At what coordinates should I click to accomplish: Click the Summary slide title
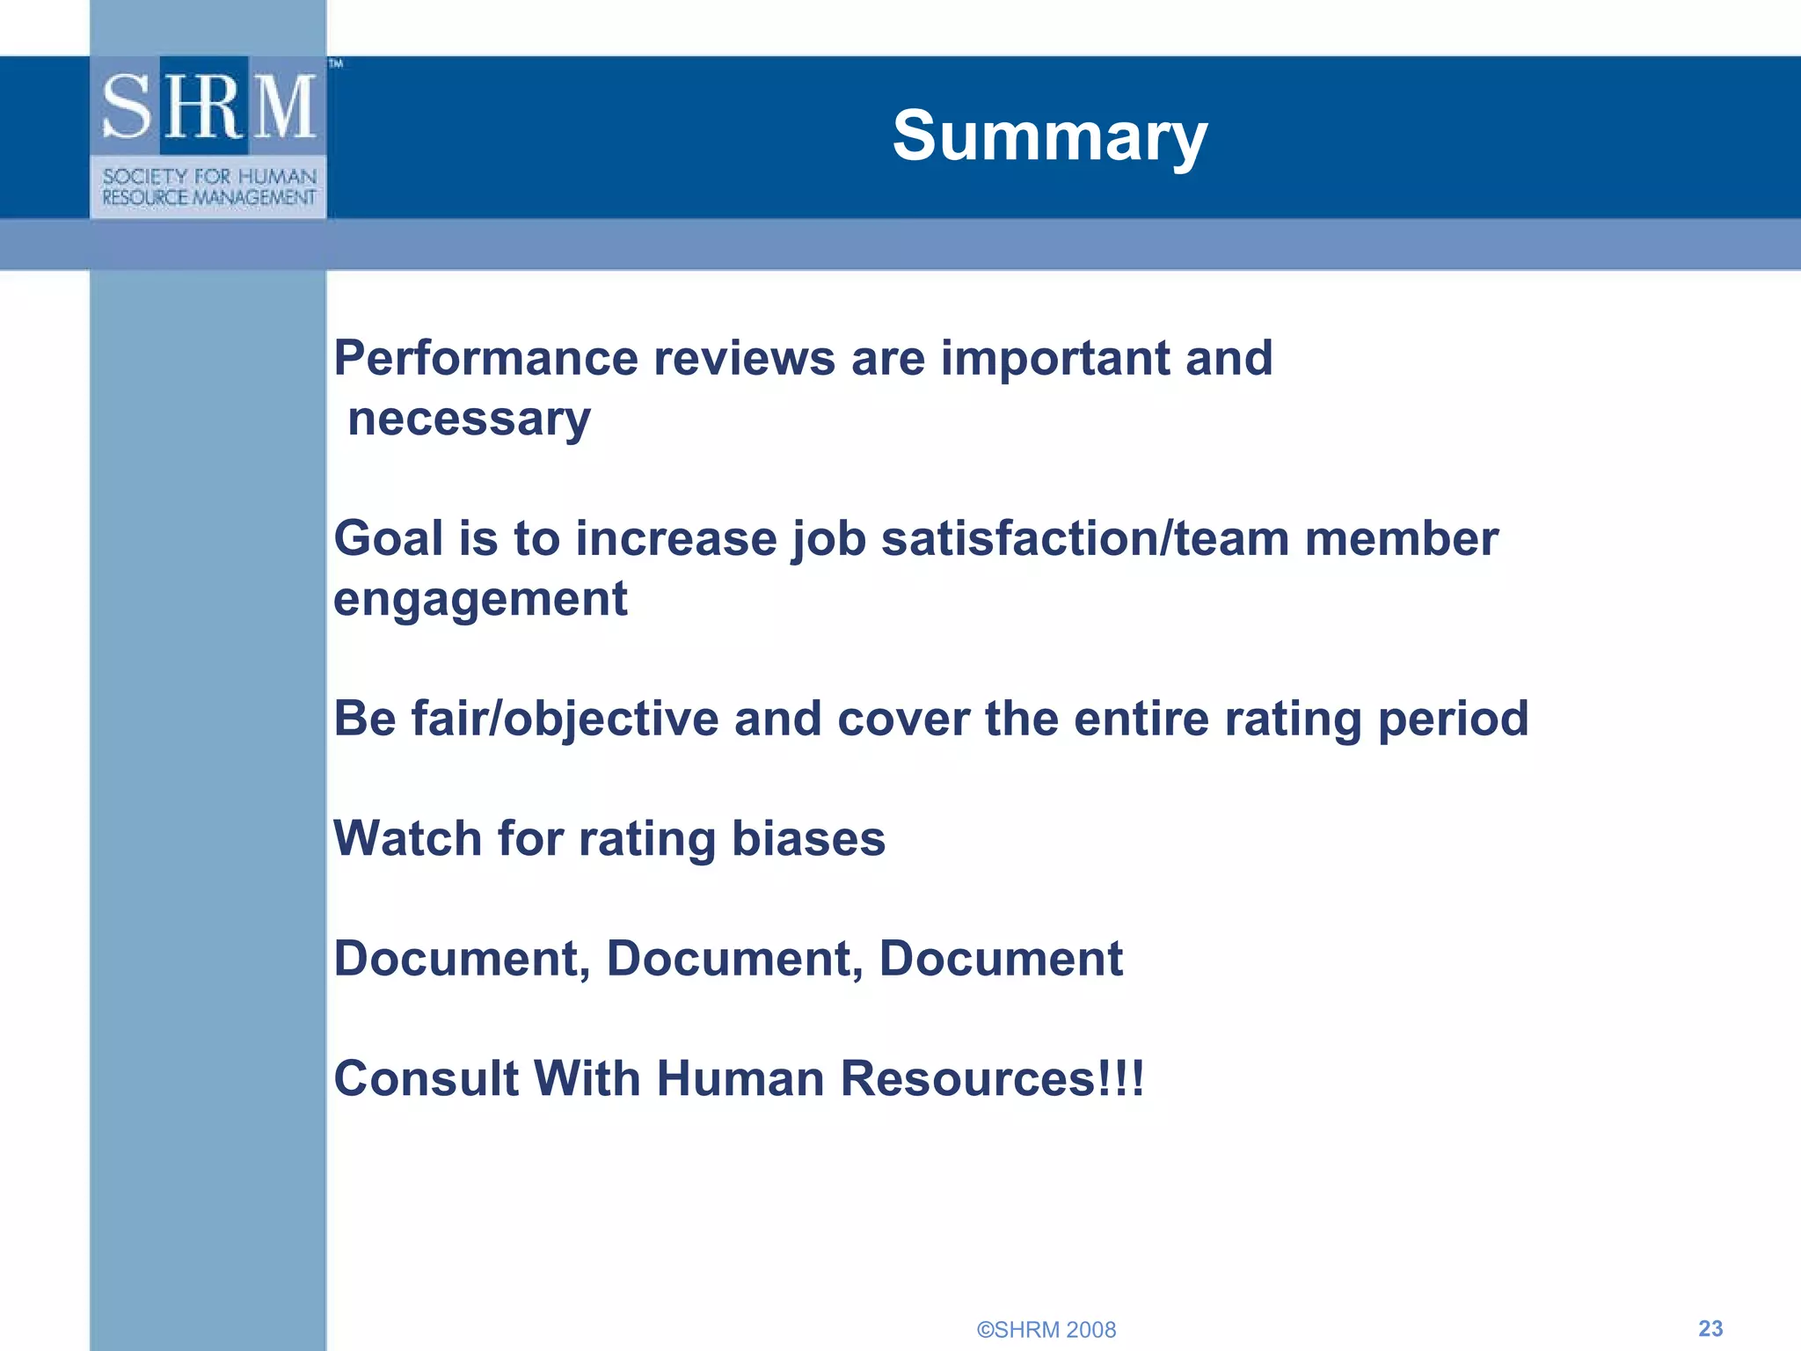pos(1050,136)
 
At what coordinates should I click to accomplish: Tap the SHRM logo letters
pos(208,107)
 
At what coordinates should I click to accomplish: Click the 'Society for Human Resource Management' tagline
pos(208,186)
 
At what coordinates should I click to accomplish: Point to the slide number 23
pos(1710,1328)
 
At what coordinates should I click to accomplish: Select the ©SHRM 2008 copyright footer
pos(1046,1330)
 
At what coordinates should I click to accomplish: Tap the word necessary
pos(469,420)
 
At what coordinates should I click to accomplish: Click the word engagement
pos(480,600)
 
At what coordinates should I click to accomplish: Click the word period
pos(1453,719)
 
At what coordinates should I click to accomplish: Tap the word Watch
pos(407,838)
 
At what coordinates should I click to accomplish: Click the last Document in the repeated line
pos(1001,959)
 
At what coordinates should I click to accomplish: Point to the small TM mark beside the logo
pos(336,63)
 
